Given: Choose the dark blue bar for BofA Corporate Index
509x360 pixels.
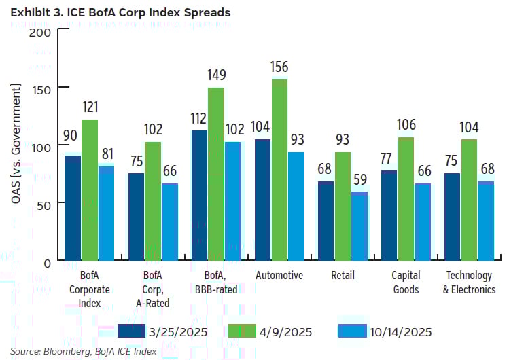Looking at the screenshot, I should pyautogui.click(x=73, y=208).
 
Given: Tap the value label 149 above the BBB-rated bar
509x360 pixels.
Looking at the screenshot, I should pyautogui.click(x=216, y=75).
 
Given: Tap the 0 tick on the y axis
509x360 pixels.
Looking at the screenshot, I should pyautogui.click(x=48, y=262).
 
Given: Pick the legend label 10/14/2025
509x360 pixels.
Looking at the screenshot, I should pyautogui.click(x=401, y=331).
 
